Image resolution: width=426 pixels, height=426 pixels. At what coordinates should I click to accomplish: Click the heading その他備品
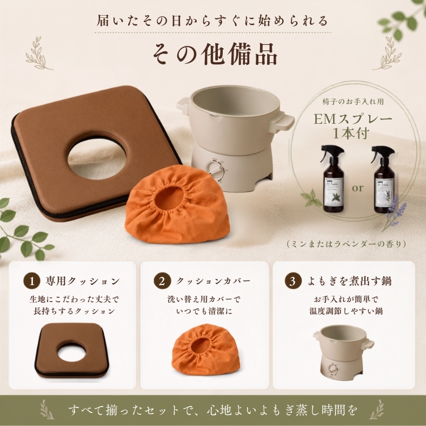coord(215,55)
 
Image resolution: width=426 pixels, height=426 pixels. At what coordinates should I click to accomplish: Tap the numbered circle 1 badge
coord(32,281)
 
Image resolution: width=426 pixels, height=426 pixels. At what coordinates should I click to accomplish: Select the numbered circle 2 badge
coord(162,281)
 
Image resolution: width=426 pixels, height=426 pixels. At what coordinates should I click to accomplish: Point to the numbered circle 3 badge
coord(293,281)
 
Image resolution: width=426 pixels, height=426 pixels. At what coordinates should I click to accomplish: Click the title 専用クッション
coord(83,281)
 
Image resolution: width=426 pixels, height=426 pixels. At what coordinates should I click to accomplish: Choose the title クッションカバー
coord(214,281)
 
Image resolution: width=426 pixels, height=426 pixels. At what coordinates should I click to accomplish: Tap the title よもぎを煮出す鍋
coord(349,281)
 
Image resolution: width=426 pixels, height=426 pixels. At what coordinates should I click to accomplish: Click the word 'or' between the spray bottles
coord(357,188)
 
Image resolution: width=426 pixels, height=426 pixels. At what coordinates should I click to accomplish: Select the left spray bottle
coord(332,179)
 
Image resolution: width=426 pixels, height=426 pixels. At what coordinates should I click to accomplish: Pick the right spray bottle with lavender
coord(383,179)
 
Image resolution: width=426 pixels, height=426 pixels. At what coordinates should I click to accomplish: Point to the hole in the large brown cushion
coord(97,159)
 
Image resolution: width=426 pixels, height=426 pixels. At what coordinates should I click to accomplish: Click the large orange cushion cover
coord(177,204)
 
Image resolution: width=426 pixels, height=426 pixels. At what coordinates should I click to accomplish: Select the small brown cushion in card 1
coord(71,350)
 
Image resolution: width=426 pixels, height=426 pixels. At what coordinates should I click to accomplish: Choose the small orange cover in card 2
coord(206,350)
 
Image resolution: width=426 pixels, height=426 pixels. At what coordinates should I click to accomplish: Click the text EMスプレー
coord(353,119)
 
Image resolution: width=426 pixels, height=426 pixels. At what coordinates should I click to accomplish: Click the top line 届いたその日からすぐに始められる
coord(212,21)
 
